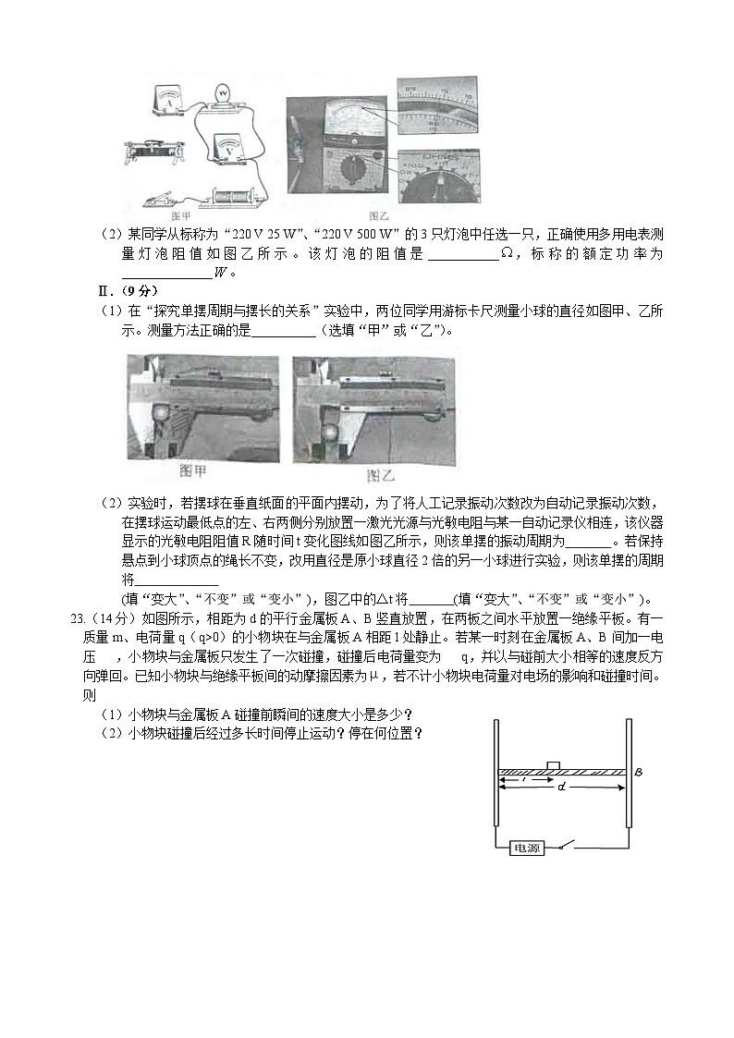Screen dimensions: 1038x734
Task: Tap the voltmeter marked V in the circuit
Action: [x=227, y=145]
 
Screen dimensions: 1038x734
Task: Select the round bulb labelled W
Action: [x=223, y=94]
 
